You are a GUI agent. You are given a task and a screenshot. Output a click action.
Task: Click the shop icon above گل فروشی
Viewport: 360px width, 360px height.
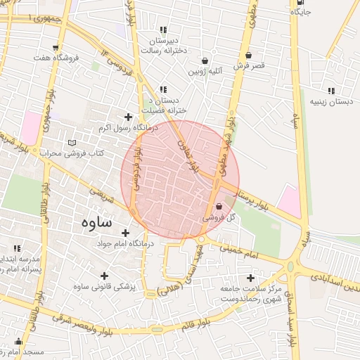click(220, 207)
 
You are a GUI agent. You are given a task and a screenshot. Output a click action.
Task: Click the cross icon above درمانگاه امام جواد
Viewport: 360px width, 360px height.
click(126, 233)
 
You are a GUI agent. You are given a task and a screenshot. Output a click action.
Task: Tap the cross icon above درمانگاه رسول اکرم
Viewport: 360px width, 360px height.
click(127, 117)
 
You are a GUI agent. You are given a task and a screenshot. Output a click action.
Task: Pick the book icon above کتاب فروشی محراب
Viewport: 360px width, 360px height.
click(71, 143)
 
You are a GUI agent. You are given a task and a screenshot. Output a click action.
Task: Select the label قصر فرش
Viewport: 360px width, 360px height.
click(249, 66)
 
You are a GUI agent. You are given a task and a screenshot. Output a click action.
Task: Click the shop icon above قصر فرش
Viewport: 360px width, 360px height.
click(249, 55)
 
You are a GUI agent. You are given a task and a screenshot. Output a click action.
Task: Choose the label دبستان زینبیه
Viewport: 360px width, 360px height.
click(330, 102)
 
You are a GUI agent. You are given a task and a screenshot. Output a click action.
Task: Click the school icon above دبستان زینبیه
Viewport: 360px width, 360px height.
click(330, 91)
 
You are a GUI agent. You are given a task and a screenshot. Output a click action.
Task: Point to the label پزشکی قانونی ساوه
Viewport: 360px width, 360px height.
click(104, 287)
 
